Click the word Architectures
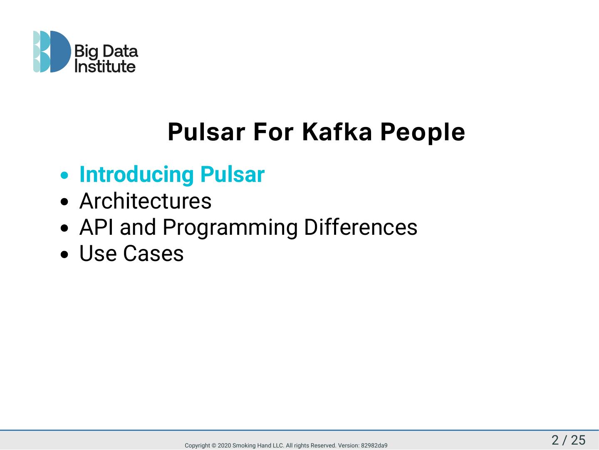coord(145,201)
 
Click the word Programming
coord(230,227)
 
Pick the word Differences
coord(360,227)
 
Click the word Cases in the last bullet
coord(153,254)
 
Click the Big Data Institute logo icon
coord(52,52)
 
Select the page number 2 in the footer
coord(555,440)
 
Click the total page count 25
coord(578,440)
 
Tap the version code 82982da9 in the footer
coord(374,445)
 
